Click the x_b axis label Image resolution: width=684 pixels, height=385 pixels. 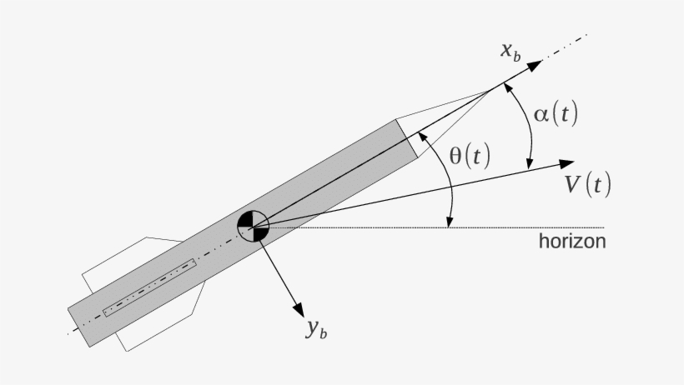(x=510, y=51)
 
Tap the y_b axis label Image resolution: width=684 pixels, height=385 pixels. (x=315, y=329)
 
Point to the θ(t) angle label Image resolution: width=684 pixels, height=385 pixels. (x=470, y=155)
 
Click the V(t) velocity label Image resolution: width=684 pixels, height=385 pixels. (x=587, y=184)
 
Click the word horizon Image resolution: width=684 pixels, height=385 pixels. (x=572, y=242)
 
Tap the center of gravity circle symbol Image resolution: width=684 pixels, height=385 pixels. (x=253, y=225)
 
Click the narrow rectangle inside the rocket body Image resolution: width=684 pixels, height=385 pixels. (x=148, y=287)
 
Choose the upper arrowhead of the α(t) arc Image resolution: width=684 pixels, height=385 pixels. (x=510, y=87)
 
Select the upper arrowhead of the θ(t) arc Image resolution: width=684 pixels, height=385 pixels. (x=423, y=134)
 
